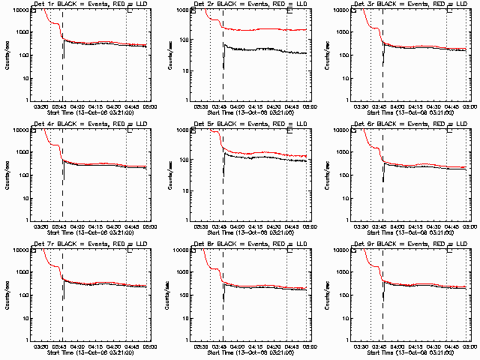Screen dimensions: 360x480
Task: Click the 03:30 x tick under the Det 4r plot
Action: coord(42,226)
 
